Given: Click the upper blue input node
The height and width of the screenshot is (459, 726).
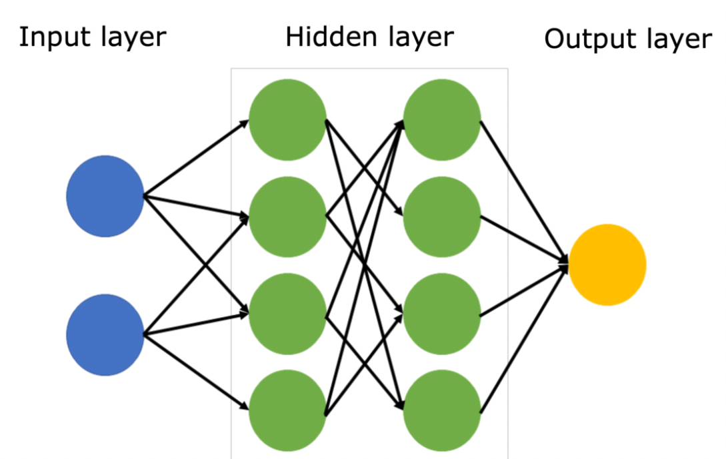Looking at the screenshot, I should point(105,196).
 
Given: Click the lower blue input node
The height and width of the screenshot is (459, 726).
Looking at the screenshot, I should point(105,335).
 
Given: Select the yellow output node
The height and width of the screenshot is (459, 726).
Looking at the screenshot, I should point(607,264).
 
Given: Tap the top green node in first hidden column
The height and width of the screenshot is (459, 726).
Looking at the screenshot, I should point(287,121).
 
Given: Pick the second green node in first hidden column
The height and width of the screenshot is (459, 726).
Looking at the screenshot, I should point(287,217).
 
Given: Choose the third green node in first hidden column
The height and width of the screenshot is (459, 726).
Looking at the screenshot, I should point(287,313).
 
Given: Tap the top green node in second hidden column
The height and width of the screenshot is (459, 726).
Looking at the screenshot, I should point(441,121).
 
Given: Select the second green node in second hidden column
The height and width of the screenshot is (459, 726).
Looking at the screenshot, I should point(441,217).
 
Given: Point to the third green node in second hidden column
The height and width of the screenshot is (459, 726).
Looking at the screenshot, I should point(441,313).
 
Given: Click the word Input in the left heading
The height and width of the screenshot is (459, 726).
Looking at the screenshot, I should point(54,38).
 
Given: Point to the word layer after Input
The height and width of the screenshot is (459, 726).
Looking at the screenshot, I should point(131,38).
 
